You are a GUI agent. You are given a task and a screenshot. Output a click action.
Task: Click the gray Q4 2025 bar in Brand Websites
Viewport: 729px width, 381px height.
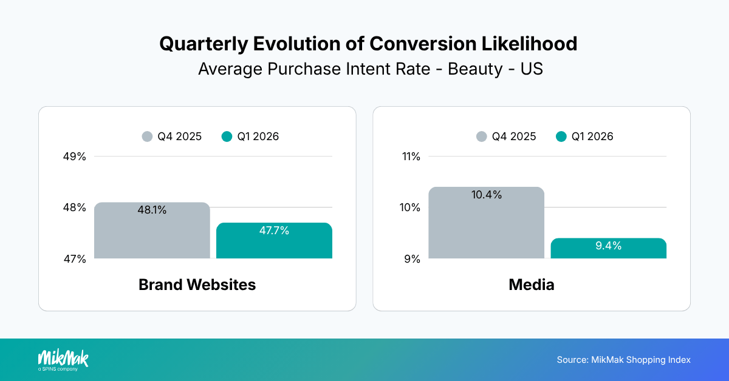pyautogui.click(x=152, y=234)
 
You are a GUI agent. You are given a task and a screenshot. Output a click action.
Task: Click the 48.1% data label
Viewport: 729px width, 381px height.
pyautogui.click(x=152, y=211)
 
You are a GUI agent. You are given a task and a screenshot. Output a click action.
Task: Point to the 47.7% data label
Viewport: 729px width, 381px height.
pyautogui.click(x=274, y=231)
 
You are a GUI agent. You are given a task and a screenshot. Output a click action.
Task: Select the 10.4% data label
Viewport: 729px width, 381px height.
pyautogui.click(x=487, y=195)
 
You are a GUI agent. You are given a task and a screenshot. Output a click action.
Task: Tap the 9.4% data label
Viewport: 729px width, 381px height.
pyautogui.click(x=608, y=246)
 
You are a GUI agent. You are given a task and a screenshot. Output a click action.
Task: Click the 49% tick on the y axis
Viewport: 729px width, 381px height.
pyautogui.click(x=75, y=157)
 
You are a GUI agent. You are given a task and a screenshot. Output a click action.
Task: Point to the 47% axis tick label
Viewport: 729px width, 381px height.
pyautogui.click(x=75, y=259)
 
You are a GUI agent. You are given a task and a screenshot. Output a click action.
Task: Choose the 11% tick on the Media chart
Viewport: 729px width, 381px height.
pyautogui.click(x=411, y=157)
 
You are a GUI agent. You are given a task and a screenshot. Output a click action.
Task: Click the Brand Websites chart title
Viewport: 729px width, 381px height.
pyautogui.click(x=197, y=285)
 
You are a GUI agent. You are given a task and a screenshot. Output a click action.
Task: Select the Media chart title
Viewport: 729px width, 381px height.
pyautogui.click(x=531, y=285)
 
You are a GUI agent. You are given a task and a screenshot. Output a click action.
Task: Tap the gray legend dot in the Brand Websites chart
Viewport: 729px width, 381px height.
pyautogui.click(x=147, y=137)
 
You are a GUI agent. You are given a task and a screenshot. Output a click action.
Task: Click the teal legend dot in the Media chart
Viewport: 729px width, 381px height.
pyautogui.click(x=561, y=137)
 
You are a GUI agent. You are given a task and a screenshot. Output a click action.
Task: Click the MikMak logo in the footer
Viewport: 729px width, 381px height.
pyautogui.click(x=63, y=360)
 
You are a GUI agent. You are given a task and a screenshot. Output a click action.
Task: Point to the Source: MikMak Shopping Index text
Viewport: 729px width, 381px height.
pyautogui.click(x=623, y=360)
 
